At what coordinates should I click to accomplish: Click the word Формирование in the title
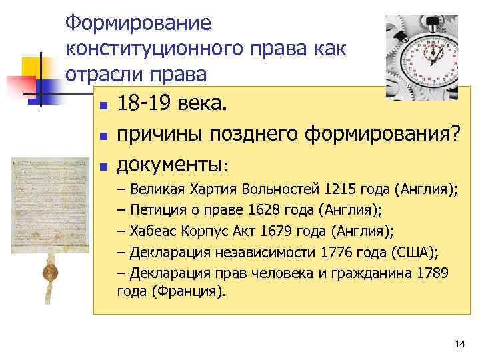(138, 23)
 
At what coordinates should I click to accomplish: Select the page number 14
(459, 344)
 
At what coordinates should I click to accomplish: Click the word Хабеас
(154, 231)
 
